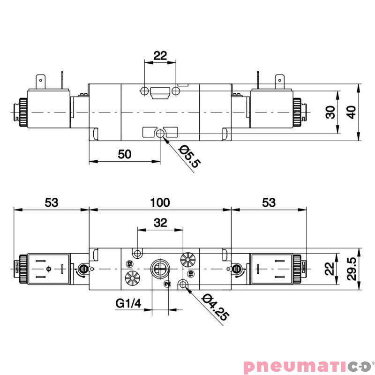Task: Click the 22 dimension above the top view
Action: [160, 55]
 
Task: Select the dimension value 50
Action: [124, 154]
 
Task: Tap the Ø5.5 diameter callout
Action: [189, 157]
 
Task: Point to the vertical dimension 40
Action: [351, 112]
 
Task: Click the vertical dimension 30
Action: [331, 112]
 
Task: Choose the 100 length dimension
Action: [160, 202]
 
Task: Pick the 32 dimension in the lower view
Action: [160, 223]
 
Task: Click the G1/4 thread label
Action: [128, 303]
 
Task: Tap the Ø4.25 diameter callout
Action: [215, 307]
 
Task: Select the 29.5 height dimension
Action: [351, 269]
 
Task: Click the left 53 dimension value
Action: [51, 202]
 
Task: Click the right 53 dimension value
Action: [268, 202]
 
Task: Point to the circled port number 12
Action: [129, 262]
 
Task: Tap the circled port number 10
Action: [190, 273]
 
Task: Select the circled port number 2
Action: [166, 284]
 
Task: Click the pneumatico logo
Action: [307, 366]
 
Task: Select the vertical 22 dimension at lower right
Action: [331, 269]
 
